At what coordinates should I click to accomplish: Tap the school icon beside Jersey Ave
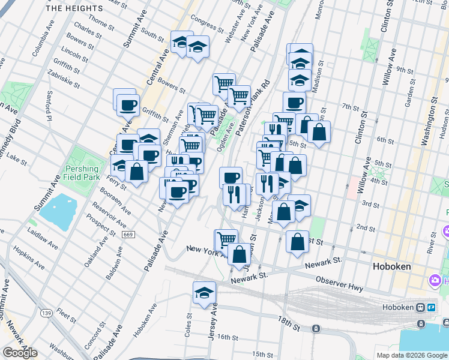pyautogui.click(x=204, y=293)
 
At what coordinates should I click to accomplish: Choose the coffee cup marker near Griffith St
pyautogui.click(x=128, y=106)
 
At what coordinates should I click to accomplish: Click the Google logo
pyautogui.click(x=20, y=353)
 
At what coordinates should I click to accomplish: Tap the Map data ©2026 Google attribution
pyautogui.click(x=412, y=355)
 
